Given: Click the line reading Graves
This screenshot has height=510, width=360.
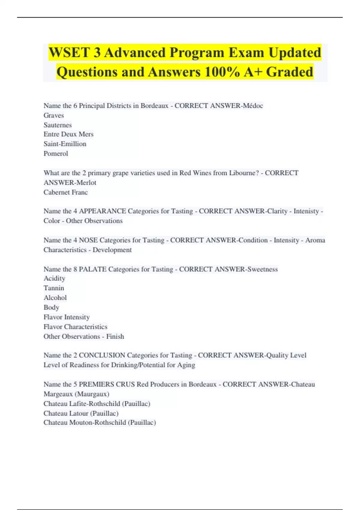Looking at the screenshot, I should coord(54,115).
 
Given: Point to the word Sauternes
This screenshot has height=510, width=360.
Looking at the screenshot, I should coord(58,125).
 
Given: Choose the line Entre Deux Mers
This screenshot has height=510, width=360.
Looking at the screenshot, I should coord(68,134).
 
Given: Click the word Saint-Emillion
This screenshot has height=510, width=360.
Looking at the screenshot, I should coord(65,144).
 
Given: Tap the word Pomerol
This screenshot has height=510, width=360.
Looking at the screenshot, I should coord(56,154).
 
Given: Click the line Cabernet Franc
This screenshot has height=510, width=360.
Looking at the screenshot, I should coord(66,192).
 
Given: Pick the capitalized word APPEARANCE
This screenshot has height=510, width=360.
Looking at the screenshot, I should coord(102,211).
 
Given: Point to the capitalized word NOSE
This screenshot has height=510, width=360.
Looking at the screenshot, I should coord(88,240).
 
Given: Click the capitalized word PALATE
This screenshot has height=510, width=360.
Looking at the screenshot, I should coord(92,269).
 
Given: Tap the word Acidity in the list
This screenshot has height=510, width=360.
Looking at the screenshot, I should coord(54,278).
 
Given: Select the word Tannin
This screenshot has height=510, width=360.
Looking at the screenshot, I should coord(54,288).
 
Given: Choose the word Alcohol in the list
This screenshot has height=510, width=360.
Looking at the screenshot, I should coord(55,298).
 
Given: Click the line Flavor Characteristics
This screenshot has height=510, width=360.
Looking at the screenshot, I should coord(75,327).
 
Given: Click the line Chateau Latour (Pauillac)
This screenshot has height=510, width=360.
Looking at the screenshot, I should coord(81,413).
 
